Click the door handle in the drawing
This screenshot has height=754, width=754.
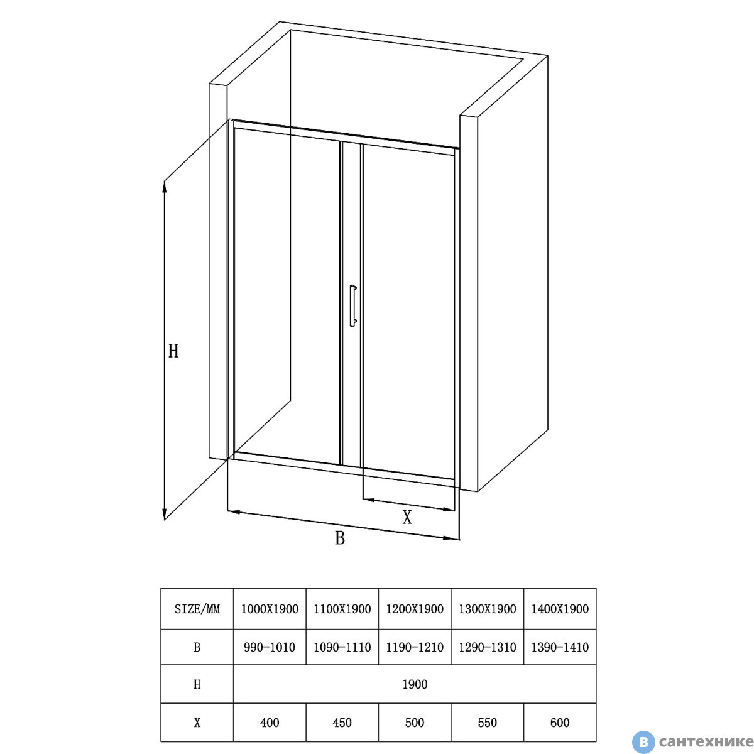353,305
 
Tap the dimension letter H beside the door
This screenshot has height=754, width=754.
173,351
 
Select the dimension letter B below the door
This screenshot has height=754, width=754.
340,538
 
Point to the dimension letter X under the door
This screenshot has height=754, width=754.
407,517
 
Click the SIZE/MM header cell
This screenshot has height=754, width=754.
197,609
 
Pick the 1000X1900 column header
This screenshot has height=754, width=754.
270,609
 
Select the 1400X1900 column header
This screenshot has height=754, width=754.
560,609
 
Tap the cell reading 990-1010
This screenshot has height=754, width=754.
270,648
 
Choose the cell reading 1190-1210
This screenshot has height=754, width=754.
415,648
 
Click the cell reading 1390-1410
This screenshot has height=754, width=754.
560,648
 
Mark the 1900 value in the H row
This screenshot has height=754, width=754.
415,684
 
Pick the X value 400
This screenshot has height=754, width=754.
270,723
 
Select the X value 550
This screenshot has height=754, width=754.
487,723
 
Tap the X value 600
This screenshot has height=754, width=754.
560,723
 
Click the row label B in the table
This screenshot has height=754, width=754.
197,648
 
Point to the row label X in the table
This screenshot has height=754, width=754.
197,723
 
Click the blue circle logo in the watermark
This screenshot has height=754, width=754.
643,742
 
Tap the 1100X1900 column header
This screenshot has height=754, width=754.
342,609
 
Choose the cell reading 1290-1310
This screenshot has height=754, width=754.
487,648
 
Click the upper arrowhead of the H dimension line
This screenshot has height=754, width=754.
165,188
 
